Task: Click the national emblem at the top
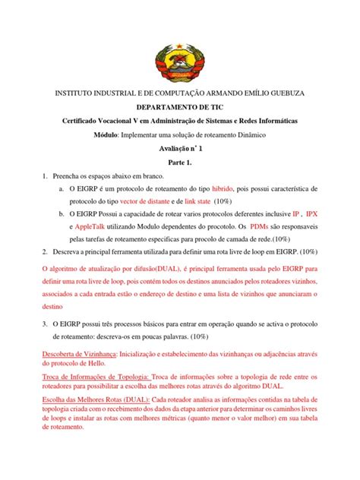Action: pyautogui.click(x=180, y=49)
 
